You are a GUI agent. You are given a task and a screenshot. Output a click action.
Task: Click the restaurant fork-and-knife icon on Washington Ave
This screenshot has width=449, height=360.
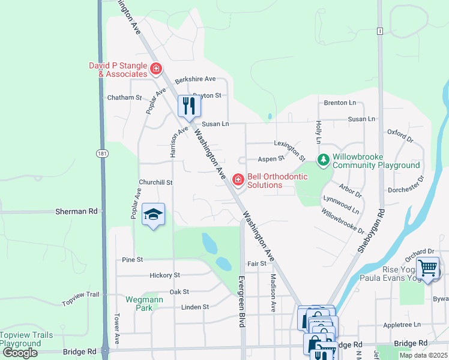click(x=189, y=106)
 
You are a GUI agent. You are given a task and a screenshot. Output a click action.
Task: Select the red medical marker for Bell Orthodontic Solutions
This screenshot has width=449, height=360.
click(x=238, y=179)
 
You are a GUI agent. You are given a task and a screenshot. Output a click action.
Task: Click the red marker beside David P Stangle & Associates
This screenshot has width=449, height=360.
click(x=156, y=69)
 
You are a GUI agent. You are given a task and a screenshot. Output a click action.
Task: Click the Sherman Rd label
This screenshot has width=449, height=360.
click(x=76, y=212)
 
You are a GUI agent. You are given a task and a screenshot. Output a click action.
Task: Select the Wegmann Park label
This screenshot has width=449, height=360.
click(x=139, y=303)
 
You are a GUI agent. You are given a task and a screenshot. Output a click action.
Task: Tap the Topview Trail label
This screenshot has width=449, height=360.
click(x=80, y=295)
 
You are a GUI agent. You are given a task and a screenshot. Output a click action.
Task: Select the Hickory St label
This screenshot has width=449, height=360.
click(x=164, y=275)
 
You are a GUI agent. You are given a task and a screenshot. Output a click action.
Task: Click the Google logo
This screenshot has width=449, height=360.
click(x=20, y=353)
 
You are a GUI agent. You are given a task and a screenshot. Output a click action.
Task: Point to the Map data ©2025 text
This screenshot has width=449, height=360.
click(x=423, y=355)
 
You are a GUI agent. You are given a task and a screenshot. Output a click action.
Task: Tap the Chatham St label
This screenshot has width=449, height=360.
click(x=124, y=97)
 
